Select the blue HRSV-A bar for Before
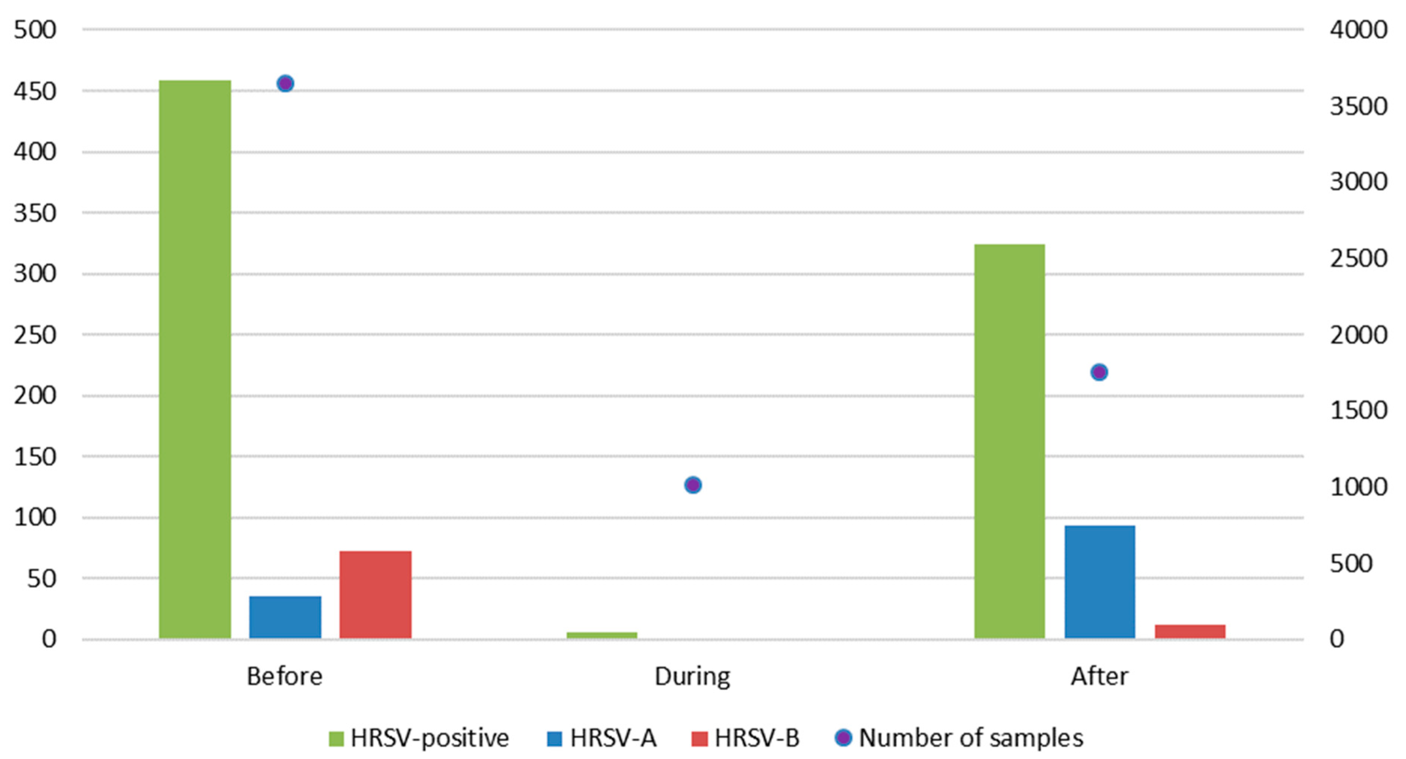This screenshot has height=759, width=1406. [285, 617]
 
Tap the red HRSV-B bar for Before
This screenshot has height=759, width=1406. [376, 594]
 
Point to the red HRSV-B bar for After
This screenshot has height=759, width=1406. [1190, 631]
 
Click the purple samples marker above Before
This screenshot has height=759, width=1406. [285, 83]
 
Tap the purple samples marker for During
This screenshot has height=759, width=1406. [693, 485]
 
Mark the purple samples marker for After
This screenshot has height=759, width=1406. [1099, 372]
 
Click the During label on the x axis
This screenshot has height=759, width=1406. [692, 677]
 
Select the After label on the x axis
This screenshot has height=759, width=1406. [1099, 677]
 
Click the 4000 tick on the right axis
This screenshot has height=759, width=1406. [1358, 29]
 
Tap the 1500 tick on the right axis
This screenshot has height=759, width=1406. [1358, 411]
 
